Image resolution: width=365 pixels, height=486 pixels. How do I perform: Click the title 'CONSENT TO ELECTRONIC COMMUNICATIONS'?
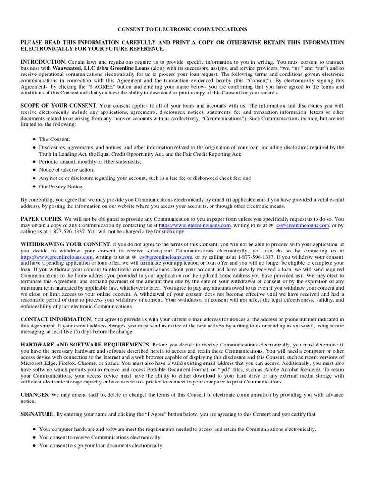point(182,29)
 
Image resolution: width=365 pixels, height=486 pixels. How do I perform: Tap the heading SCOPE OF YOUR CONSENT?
point(58,105)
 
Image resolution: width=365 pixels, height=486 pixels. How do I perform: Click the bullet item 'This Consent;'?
point(54,139)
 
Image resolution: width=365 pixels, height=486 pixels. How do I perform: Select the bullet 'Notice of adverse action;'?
point(67,170)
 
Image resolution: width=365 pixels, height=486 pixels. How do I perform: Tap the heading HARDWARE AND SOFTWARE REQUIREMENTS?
point(85,344)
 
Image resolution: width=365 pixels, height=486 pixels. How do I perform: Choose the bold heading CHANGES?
point(34,395)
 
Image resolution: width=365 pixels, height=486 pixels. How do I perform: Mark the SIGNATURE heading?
point(38,414)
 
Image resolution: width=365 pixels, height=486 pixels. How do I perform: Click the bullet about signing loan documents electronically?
point(101,446)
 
